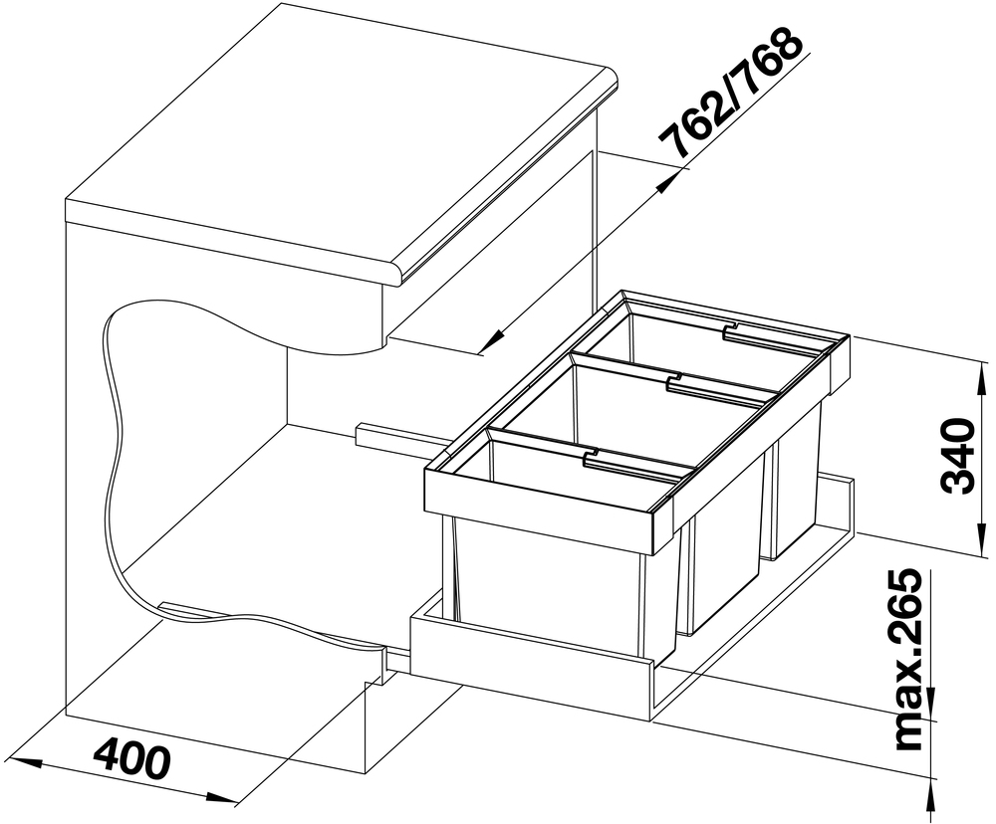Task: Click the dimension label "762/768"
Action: coord(730,94)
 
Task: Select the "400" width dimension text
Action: coord(132,757)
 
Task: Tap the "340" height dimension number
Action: coord(957,455)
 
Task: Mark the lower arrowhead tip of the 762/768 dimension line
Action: coord(479,354)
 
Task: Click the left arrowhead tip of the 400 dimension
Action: coord(11,756)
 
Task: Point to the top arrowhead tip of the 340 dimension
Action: coord(983,362)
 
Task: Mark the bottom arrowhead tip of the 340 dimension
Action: coord(983,553)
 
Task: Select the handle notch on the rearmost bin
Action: coord(733,330)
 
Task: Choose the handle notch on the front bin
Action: coord(592,455)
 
